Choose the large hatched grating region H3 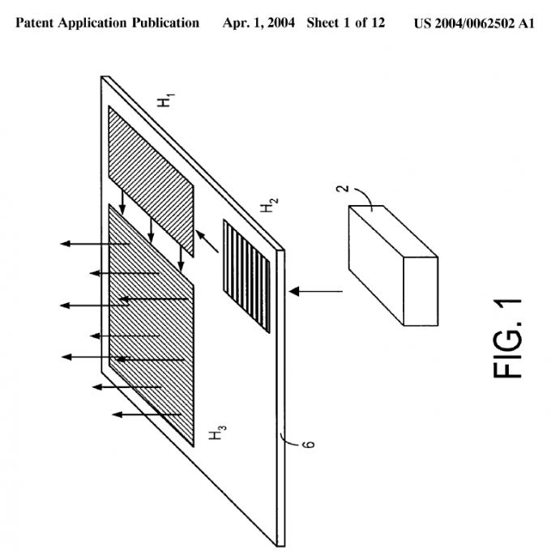(152, 324)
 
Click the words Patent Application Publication (108, 23)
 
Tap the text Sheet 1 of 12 (351, 23)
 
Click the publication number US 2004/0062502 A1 (475, 23)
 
